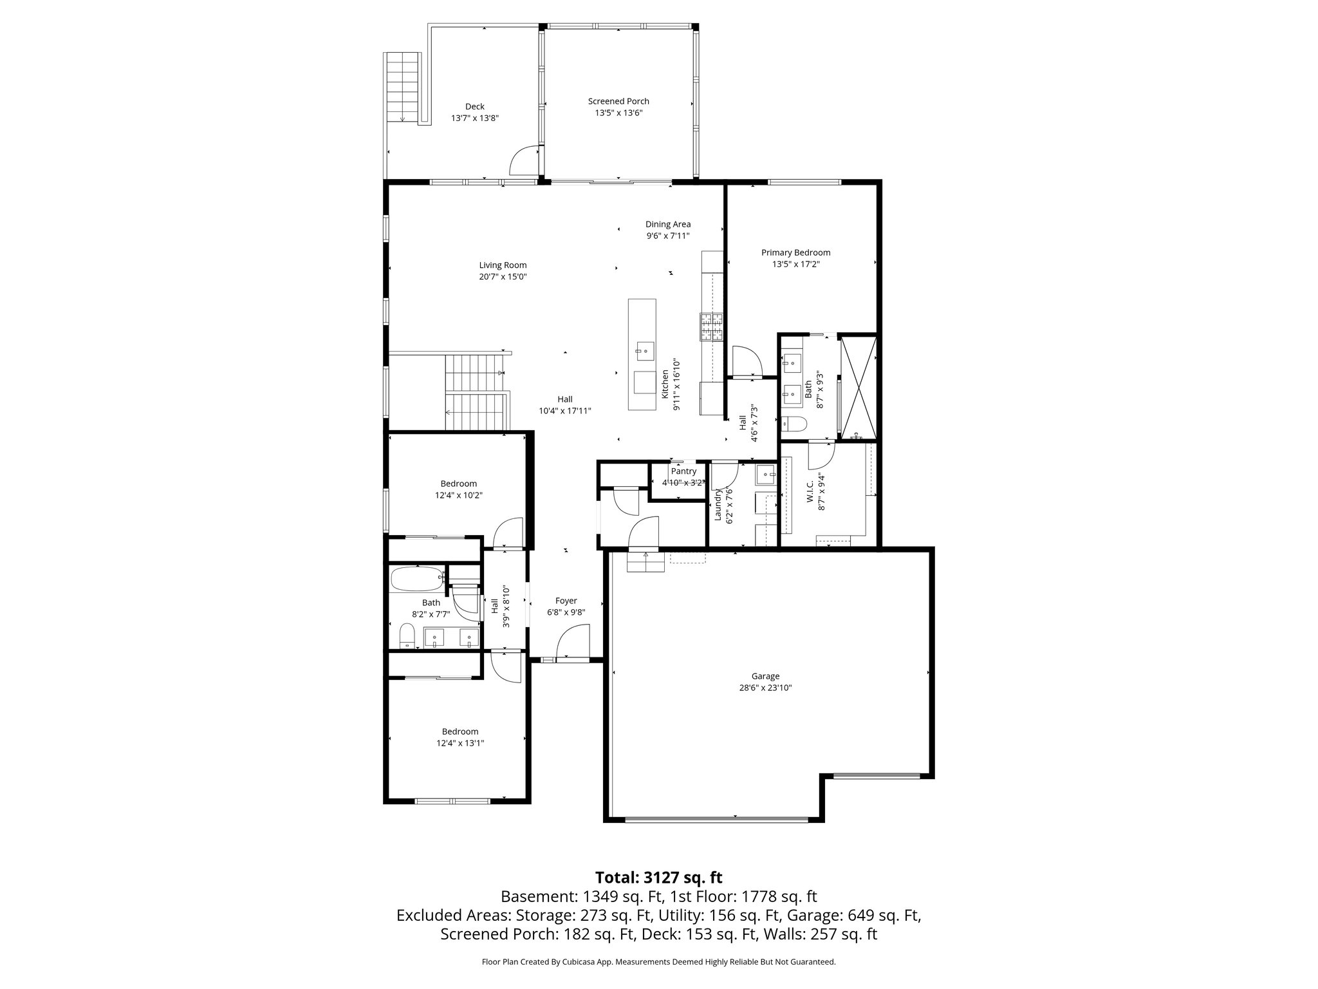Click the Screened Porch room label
[618, 101]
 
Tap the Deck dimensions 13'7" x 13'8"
[475, 118]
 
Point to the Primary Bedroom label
[795, 252]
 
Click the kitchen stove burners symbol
[712, 326]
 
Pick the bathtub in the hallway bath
[416, 579]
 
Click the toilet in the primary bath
[793, 424]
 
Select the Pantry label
[683, 471]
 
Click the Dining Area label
[668, 224]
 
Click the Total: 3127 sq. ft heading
[658, 878]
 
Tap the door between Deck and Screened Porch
[524, 161]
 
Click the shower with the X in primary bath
[859, 387]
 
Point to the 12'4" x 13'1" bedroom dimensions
[459, 743]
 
